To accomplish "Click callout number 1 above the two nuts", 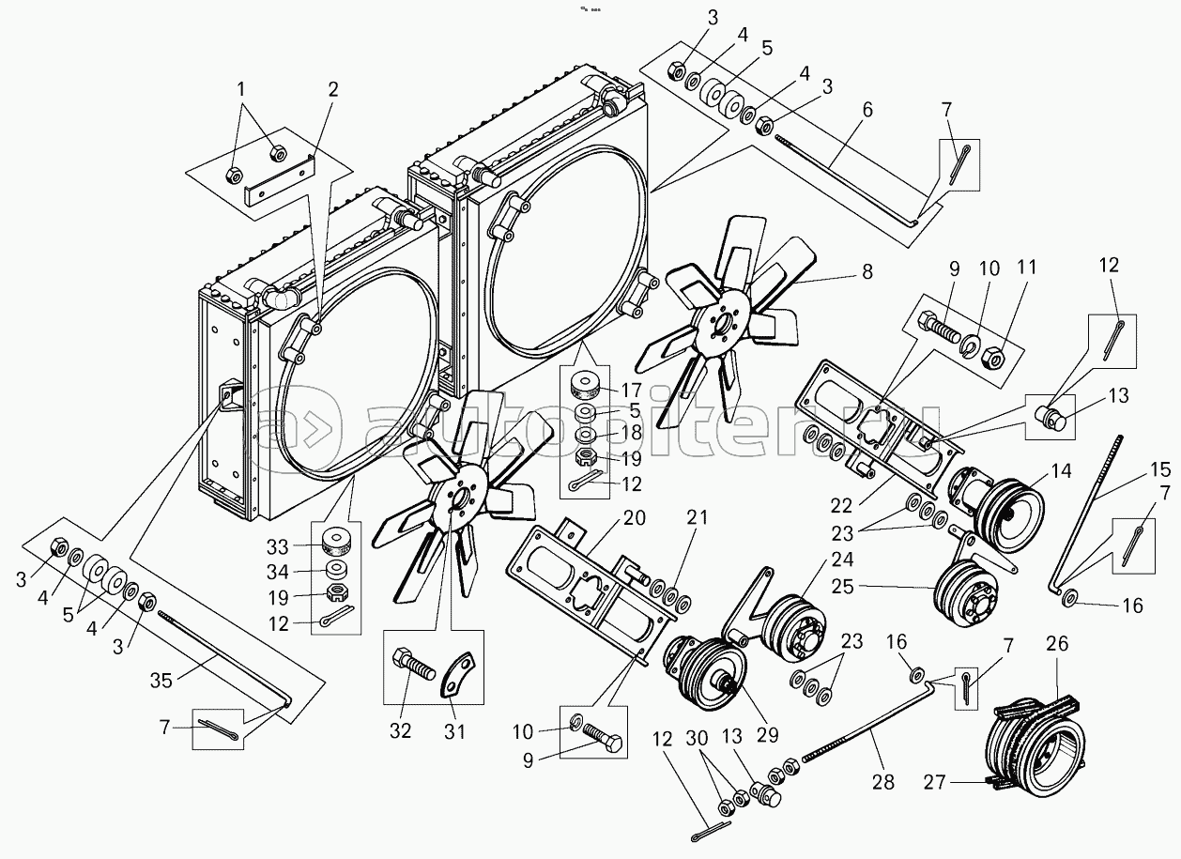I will click(241, 90).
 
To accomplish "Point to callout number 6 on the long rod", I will click(867, 110).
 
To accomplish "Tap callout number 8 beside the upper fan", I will click(867, 272).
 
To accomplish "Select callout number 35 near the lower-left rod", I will click(161, 681).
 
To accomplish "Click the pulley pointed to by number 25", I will click(965, 591).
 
